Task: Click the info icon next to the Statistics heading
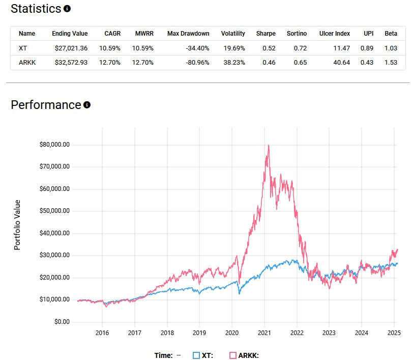tap(67, 9)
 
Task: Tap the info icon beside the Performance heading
tap(87, 105)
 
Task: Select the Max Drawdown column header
tap(188, 34)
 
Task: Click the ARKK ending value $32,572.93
tap(70, 62)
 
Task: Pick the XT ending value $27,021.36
tap(70, 48)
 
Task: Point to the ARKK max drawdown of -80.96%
tap(197, 62)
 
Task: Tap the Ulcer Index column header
tap(335, 34)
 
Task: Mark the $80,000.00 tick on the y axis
tap(54, 145)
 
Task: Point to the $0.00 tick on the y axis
tap(62, 322)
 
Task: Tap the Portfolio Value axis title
tap(17, 225)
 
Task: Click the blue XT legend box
tap(196, 355)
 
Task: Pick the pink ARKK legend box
tap(233, 355)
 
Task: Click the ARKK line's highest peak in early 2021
tap(268, 146)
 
